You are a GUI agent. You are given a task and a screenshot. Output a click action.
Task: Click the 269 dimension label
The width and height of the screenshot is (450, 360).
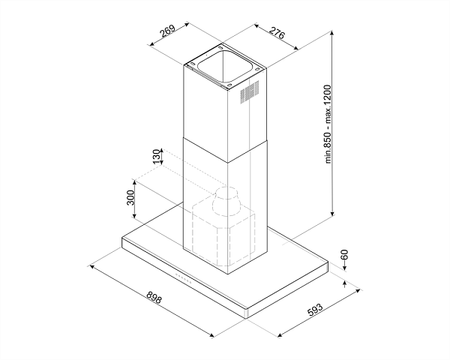pos(168,31)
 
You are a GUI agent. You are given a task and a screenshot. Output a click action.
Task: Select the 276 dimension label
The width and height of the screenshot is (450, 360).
pos(277,32)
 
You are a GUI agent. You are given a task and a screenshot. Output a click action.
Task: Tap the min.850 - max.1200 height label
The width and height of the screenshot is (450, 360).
pos(328,124)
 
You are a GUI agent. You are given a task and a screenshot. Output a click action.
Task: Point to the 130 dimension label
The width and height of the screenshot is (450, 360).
pos(156,157)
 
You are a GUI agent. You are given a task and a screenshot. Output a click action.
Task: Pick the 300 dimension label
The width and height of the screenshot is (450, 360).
pos(130,197)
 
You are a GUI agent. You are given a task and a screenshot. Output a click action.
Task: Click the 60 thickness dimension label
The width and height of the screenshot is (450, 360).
pos(344,255)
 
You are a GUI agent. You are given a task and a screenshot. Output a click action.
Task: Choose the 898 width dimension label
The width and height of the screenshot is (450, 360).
pos(154,298)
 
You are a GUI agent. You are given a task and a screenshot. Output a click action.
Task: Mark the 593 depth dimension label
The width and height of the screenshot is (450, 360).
pos(315,309)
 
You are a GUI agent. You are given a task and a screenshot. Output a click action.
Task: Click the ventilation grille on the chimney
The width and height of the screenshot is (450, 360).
pos(250,91)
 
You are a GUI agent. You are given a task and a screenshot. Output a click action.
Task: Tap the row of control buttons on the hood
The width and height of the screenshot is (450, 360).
pos(184,278)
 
